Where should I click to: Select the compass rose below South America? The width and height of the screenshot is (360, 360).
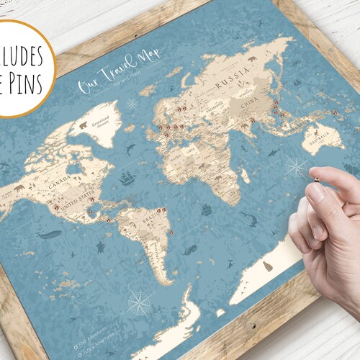click(x=140, y=301)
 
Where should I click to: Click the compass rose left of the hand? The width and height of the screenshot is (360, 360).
click(x=295, y=167)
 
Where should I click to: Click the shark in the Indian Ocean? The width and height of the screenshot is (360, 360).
click(x=274, y=153)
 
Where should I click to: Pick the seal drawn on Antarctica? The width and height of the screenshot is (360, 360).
click(x=268, y=267)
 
